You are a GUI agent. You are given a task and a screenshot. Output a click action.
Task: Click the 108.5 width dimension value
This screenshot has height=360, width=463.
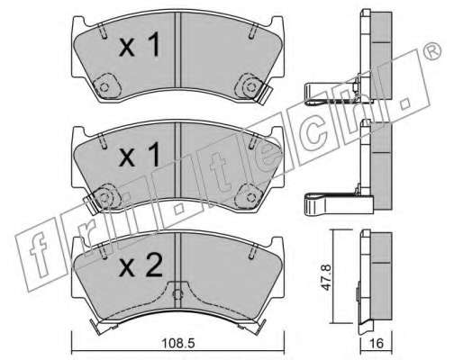pos(178,343)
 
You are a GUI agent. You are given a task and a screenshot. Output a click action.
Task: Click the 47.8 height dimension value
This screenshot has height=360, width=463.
pos(326,277)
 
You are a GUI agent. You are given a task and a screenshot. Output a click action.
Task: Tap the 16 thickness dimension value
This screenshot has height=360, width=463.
pos(377,343)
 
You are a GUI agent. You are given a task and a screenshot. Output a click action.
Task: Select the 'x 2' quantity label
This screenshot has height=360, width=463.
pos(141,265)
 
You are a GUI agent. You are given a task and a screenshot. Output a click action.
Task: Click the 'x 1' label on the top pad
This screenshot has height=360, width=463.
pos(140,45)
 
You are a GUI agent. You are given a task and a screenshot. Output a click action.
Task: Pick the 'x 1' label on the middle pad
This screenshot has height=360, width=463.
pos(140,155)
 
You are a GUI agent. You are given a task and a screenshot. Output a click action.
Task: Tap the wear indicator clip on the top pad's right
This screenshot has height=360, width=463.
pos(264,94)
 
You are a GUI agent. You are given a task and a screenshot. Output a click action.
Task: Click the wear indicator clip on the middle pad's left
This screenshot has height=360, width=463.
pos(91,203)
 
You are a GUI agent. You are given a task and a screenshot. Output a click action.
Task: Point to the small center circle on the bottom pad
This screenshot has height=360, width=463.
pos(178,294)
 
